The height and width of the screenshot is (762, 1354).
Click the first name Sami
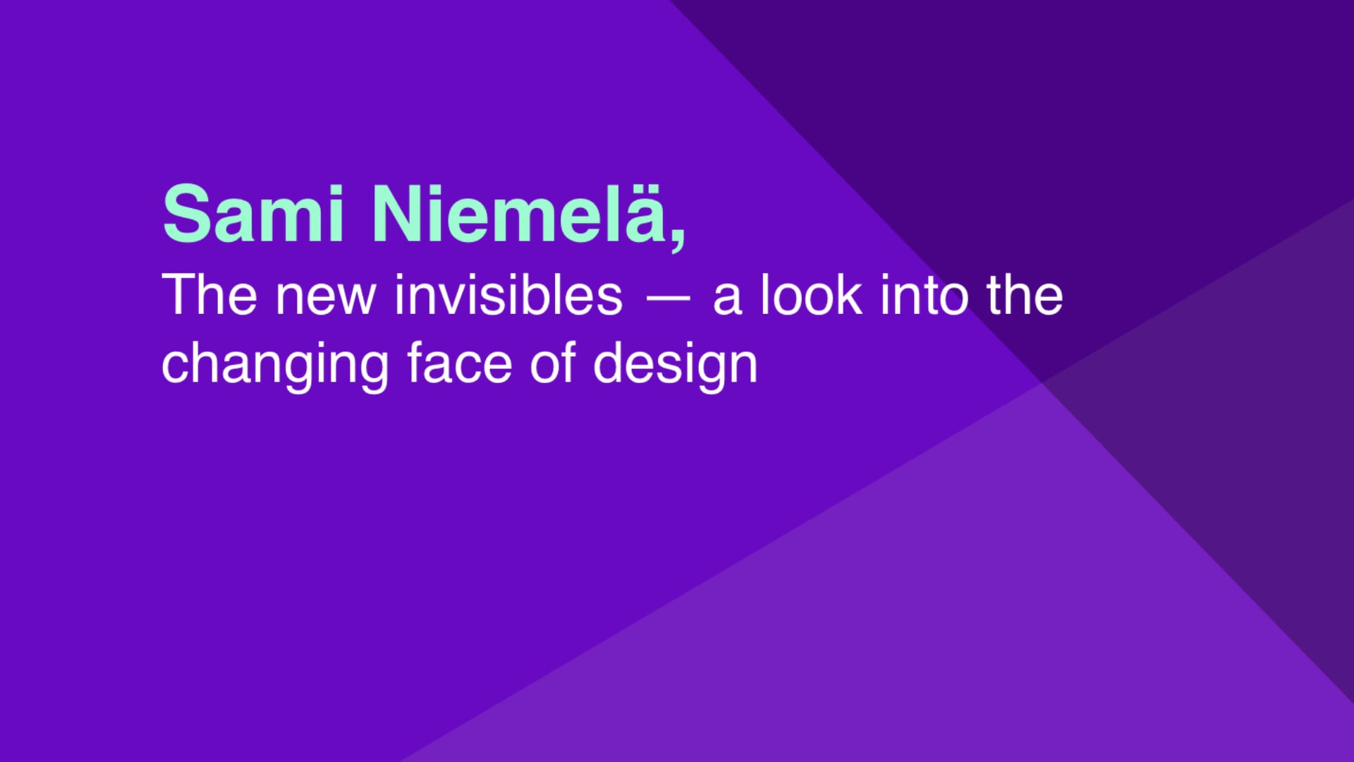click(x=252, y=213)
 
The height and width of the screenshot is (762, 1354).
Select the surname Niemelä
click(x=518, y=213)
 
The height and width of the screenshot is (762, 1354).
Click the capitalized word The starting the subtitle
click(x=209, y=295)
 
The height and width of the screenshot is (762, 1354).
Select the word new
click(x=325, y=300)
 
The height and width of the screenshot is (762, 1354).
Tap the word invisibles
click(x=508, y=295)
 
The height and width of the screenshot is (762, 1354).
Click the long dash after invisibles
click(x=668, y=299)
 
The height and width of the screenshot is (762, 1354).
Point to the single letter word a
click(x=728, y=300)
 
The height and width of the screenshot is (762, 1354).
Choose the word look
click(x=811, y=294)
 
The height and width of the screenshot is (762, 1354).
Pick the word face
click(x=460, y=363)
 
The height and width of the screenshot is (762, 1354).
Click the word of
click(x=553, y=363)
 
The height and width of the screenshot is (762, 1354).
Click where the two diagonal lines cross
click(x=1043, y=382)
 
